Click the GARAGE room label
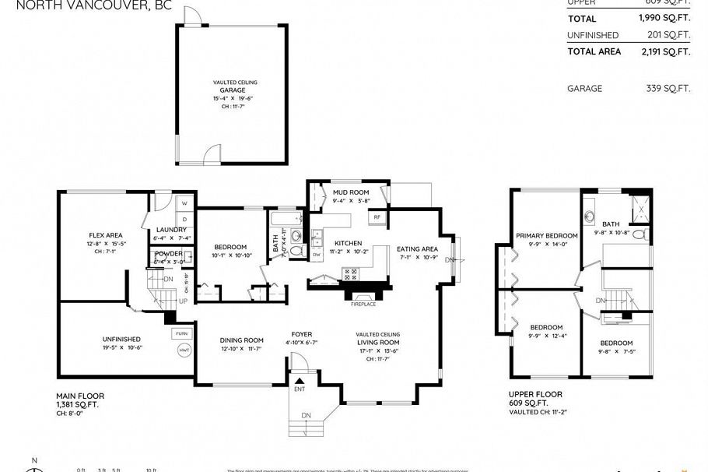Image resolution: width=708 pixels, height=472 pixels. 236,90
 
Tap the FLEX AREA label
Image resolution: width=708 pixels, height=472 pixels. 104,235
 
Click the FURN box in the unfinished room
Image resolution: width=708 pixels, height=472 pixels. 181,333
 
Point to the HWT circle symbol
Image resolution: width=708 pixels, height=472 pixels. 184,351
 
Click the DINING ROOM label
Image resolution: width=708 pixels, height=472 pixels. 240,340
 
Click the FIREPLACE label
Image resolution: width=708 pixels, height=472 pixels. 363,304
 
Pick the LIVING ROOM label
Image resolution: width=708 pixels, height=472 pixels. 378,342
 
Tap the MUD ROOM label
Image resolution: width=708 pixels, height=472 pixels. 349,192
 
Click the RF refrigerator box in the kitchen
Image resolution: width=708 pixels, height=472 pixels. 377,217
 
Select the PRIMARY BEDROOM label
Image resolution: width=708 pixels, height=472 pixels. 546,235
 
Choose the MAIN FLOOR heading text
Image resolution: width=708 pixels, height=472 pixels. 80,396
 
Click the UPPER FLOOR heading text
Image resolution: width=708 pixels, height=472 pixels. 535,394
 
